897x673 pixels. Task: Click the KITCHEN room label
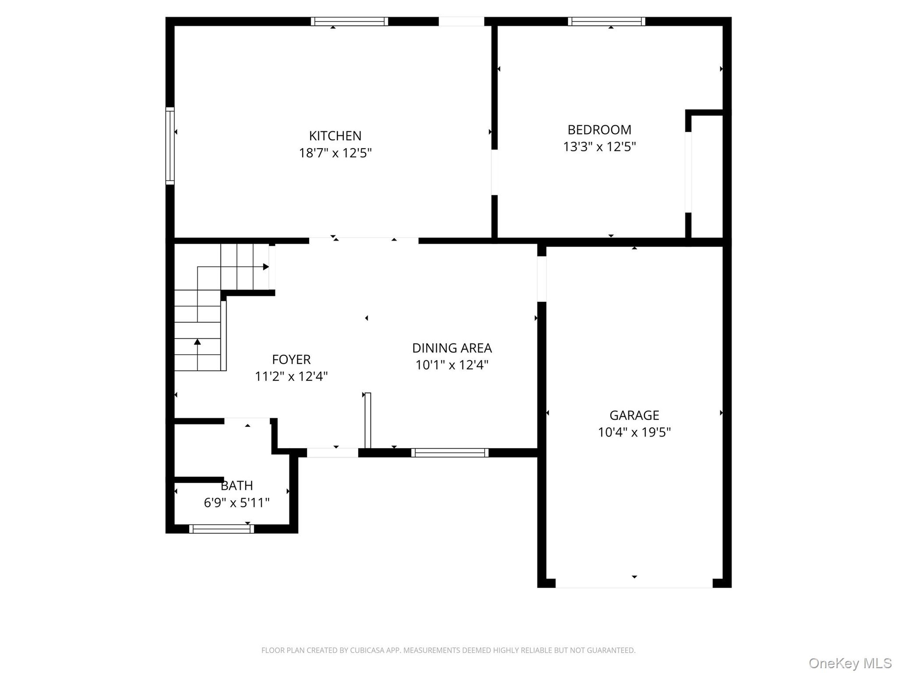point(335,136)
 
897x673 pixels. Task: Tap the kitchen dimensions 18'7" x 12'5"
point(335,153)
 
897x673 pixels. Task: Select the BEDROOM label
point(599,129)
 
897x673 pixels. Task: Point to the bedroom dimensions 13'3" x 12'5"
point(599,147)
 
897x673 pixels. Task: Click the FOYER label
point(291,359)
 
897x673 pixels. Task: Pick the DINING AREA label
point(452,348)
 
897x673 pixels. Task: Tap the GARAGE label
point(634,415)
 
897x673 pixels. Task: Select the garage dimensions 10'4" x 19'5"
point(634,432)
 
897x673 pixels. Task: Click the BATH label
point(237,486)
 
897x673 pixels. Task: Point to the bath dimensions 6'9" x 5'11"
point(237,503)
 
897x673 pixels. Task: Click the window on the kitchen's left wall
point(170,146)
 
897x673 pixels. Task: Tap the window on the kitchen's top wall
point(349,21)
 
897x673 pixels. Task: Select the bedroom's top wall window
point(606,21)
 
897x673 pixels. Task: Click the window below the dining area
point(450,452)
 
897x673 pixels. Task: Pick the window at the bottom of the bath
point(221,529)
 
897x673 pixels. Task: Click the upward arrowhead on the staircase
point(198,342)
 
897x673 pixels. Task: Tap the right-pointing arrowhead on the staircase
point(266,267)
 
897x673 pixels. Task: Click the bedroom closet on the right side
point(707,176)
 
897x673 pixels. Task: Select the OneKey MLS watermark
point(850,663)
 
